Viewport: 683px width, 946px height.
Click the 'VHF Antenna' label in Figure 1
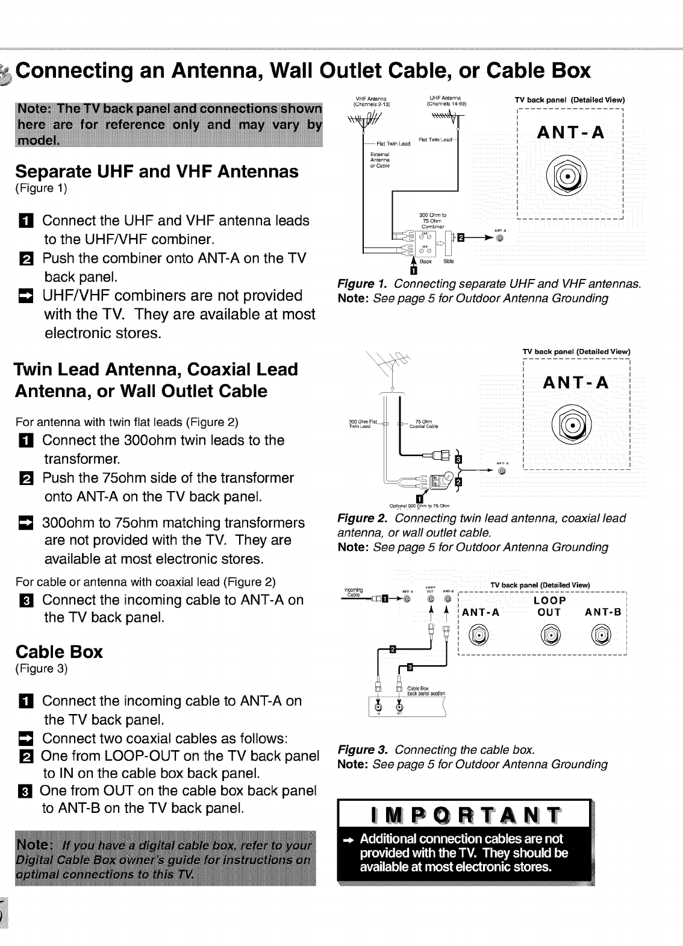370,99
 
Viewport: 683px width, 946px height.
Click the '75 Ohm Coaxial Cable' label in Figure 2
423,423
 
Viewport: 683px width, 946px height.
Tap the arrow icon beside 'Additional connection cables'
348,840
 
